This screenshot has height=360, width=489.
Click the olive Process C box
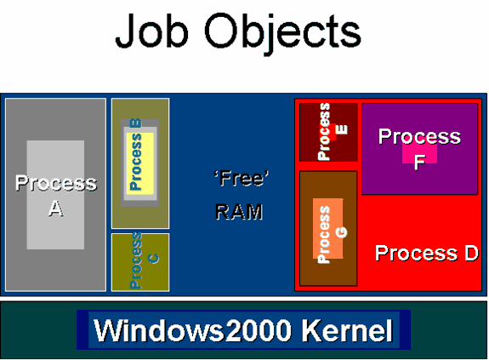pos(140,262)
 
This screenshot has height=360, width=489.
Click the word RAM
pos(239,211)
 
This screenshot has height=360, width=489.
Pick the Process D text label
pos(426,253)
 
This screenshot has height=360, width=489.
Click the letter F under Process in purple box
pos(419,162)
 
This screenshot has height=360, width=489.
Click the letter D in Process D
pos(469,253)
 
